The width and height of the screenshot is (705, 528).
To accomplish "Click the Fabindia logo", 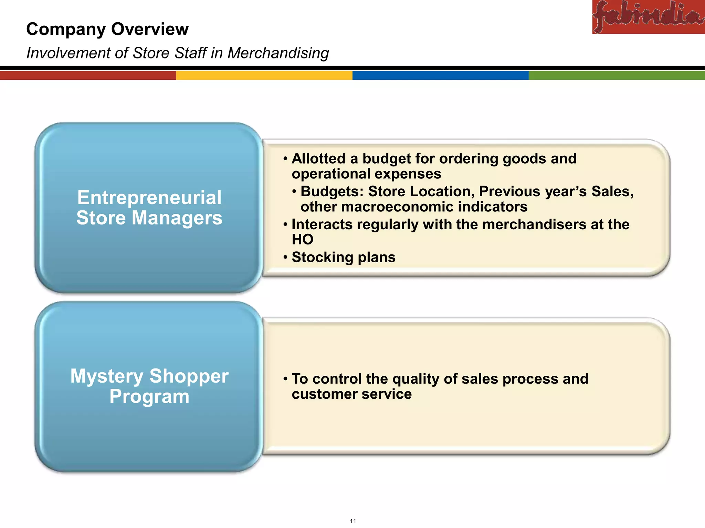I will tap(648, 16).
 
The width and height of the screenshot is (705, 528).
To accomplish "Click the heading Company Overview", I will tap(107, 29).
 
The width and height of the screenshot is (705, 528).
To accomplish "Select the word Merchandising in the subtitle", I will tap(278, 53).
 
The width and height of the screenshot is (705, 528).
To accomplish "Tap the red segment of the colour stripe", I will tap(88, 75).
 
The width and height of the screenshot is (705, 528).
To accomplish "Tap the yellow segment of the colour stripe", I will tap(264, 75).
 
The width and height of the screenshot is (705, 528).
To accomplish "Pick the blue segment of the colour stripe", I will tap(440, 75).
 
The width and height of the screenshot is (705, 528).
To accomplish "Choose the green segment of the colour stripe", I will tap(617, 75).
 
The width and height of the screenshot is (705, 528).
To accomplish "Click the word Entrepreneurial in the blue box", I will tap(149, 198).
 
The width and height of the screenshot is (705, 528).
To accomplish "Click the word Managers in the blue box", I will tap(177, 218).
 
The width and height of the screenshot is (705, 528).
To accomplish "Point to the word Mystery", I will tap(107, 376).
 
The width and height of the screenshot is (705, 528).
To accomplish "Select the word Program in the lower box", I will tap(149, 397).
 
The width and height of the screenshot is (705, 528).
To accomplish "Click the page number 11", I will tap(353, 521).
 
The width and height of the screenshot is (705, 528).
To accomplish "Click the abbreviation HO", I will tap(302, 240).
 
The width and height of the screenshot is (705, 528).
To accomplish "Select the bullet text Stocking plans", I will tap(343, 257).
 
